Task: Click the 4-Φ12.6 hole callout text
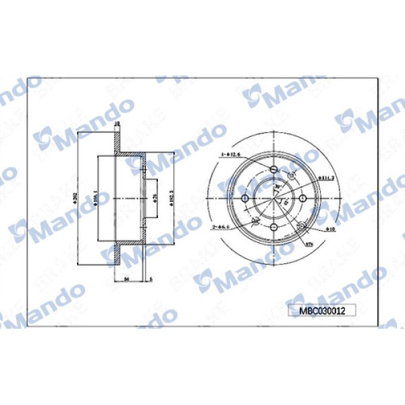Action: coord(230,155)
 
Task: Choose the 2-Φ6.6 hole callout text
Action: coord(225,227)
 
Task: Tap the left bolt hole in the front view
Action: coord(245,198)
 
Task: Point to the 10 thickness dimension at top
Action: coord(117,124)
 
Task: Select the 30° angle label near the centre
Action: coord(278,188)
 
